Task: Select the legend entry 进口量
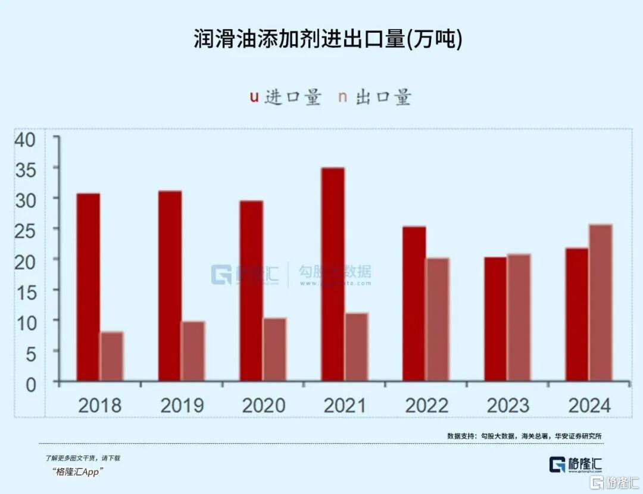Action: tap(285, 97)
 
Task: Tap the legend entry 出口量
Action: tap(375, 97)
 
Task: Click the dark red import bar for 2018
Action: tap(88, 287)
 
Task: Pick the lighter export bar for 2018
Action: tap(111, 356)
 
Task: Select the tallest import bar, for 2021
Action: tap(333, 274)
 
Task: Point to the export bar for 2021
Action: tap(356, 347)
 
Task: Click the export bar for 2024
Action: tap(601, 303)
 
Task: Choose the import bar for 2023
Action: tap(495, 319)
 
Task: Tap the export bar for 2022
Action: tap(438, 319)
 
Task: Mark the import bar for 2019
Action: tap(170, 285)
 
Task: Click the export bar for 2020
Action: tap(274, 349)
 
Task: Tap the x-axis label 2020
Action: tap(263, 406)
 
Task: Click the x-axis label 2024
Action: tap(589, 406)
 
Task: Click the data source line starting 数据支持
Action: tap(524, 436)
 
